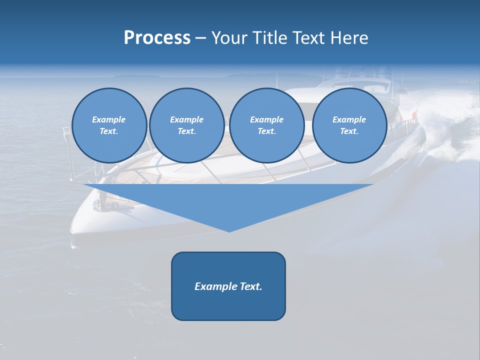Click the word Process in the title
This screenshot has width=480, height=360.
click(157, 38)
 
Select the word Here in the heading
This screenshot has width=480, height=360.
click(348, 38)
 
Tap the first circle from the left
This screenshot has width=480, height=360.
click(109, 125)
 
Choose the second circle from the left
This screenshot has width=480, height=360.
click(186, 125)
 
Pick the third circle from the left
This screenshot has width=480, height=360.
click(266, 125)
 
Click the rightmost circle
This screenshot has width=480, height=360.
click(349, 125)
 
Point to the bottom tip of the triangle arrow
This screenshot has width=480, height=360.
click(229, 231)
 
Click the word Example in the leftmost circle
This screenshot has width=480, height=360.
click(109, 119)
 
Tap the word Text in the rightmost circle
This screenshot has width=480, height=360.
click(349, 131)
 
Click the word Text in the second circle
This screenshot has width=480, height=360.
click(186, 131)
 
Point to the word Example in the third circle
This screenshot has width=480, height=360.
click(266, 119)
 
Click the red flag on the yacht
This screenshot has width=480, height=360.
click(414, 115)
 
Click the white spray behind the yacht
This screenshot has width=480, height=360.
click(440, 130)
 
